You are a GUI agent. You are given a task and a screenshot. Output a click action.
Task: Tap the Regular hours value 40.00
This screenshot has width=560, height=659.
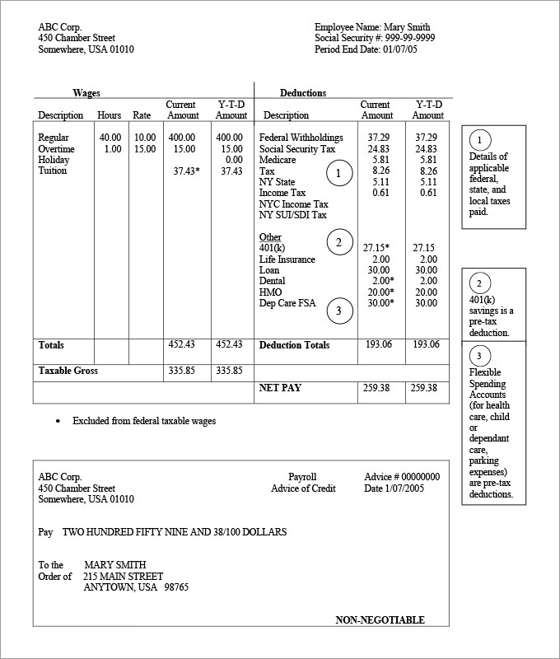click(110, 138)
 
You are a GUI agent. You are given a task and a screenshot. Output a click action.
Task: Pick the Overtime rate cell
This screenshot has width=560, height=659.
click(144, 149)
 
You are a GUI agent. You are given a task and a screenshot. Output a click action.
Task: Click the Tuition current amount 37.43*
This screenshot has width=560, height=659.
click(186, 171)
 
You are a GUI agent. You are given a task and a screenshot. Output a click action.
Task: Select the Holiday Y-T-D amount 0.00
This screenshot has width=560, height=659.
click(234, 160)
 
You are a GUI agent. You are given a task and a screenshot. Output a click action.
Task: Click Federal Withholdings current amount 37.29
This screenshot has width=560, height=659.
click(379, 138)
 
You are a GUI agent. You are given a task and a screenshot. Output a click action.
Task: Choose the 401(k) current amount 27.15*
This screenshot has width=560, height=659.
click(376, 248)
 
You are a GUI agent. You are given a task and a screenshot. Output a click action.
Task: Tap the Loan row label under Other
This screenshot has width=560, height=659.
click(269, 270)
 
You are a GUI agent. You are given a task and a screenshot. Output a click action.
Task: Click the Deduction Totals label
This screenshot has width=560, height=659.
click(294, 345)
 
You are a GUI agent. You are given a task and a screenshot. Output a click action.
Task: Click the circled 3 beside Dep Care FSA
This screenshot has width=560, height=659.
click(338, 311)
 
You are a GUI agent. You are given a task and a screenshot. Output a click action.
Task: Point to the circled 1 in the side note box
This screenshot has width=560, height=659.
click(483, 139)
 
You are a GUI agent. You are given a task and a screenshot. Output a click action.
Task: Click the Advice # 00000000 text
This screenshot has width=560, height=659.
click(402, 477)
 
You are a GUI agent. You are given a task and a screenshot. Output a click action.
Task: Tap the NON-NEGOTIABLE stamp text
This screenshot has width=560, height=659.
click(380, 620)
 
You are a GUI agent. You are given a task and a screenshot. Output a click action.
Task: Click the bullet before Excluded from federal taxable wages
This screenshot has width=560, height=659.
click(57, 421)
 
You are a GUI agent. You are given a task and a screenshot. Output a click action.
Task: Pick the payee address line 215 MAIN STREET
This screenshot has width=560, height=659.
click(124, 576)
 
